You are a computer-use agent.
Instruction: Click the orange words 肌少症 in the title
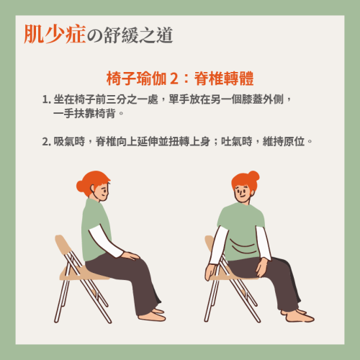(55, 34)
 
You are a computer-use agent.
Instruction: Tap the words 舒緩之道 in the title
(138, 35)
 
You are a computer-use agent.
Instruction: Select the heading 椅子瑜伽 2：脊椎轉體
(180, 78)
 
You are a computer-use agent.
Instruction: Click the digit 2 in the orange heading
(174, 78)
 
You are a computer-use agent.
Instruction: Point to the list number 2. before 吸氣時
(47, 142)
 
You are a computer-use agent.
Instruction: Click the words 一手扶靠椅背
(84, 113)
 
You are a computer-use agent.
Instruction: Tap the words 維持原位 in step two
(284, 141)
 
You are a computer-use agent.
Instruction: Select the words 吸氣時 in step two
(69, 141)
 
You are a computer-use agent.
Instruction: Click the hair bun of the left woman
(81, 186)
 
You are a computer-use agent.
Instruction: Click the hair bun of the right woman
(253, 176)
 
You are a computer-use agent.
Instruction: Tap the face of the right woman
(242, 192)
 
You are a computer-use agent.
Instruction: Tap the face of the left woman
(102, 192)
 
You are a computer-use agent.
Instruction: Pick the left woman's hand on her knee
(130, 256)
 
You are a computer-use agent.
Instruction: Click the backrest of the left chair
(63, 243)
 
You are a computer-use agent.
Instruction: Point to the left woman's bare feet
(152, 315)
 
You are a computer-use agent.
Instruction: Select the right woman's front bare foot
(300, 317)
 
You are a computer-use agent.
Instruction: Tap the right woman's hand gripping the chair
(211, 272)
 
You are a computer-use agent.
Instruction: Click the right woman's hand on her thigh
(262, 267)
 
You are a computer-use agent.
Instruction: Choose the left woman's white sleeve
(106, 241)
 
